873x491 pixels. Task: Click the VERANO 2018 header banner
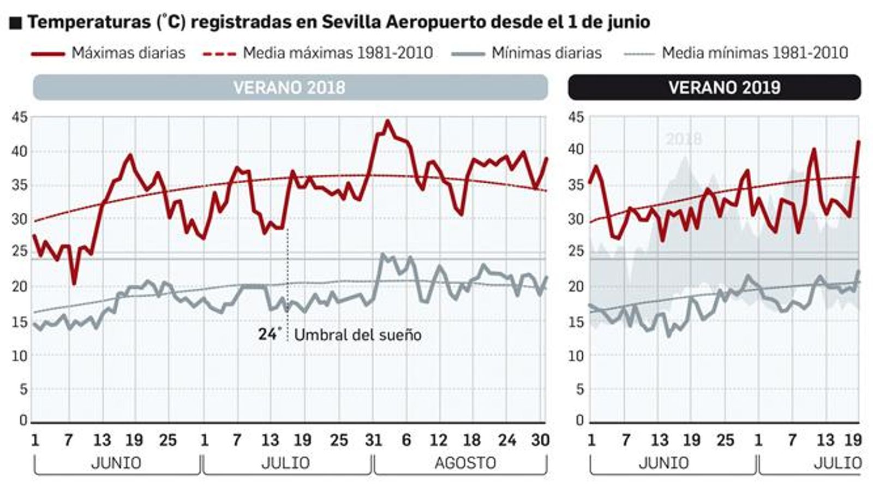(x=290, y=87)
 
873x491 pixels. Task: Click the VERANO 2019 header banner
(x=724, y=87)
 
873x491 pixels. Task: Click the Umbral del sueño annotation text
(x=357, y=334)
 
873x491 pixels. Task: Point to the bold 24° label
(x=270, y=333)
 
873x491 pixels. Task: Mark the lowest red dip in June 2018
(x=74, y=283)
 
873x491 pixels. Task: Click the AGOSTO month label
(x=465, y=463)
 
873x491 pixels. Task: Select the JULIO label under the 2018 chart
(x=285, y=463)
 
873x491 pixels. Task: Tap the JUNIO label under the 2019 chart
(x=663, y=463)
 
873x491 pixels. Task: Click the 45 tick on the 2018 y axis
(x=19, y=117)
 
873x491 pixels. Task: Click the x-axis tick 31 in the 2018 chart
(x=374, y=440)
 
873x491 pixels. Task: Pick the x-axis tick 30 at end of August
(x=540, y=440)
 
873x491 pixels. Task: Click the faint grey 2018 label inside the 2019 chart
(x=683, y=139)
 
